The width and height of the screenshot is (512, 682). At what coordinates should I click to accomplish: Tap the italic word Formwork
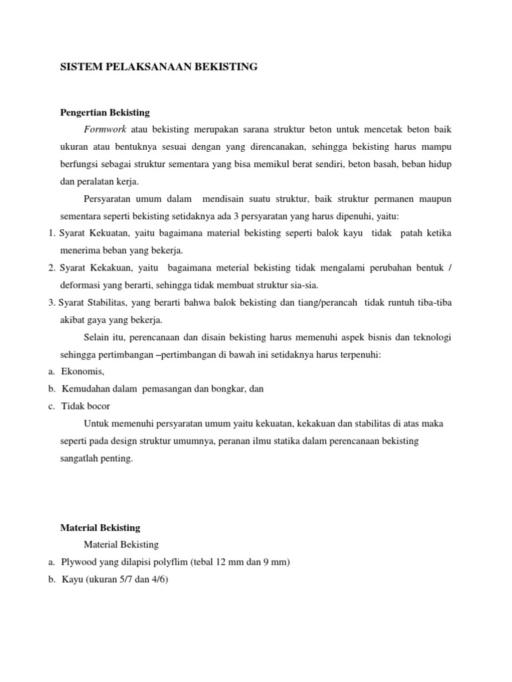click(x=105, y=129)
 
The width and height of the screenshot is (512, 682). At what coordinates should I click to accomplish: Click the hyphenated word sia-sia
click(x=303, y=285)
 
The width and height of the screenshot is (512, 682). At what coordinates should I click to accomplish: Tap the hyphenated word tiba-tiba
click(x=435, y=302)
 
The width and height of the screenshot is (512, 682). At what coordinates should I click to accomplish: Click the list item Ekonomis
click(x=83, y=372)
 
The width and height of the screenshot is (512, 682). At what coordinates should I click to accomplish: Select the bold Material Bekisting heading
click(x=100, y=527)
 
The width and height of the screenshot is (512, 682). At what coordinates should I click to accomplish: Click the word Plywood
click(x=81, y=562)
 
